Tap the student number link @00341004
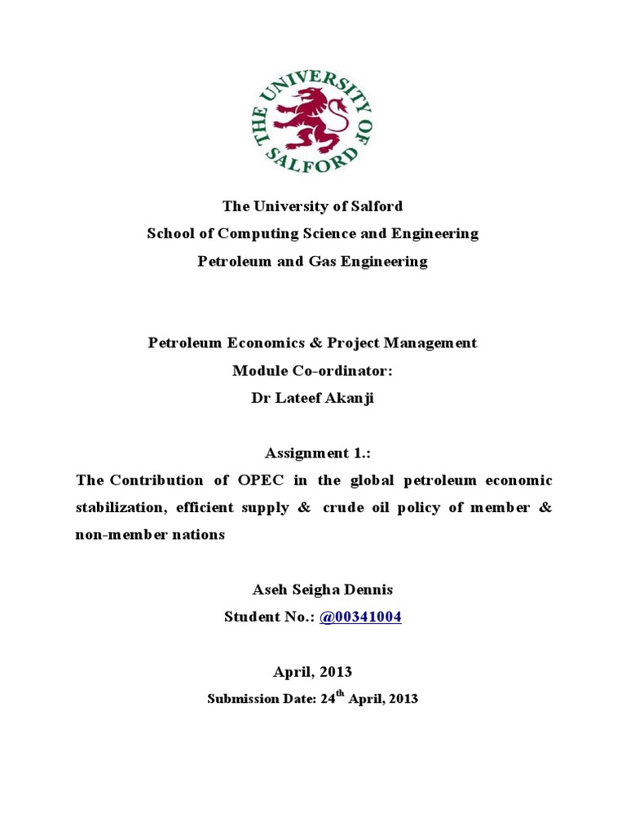tap(361, 617)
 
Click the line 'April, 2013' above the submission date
tap(312, 672)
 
